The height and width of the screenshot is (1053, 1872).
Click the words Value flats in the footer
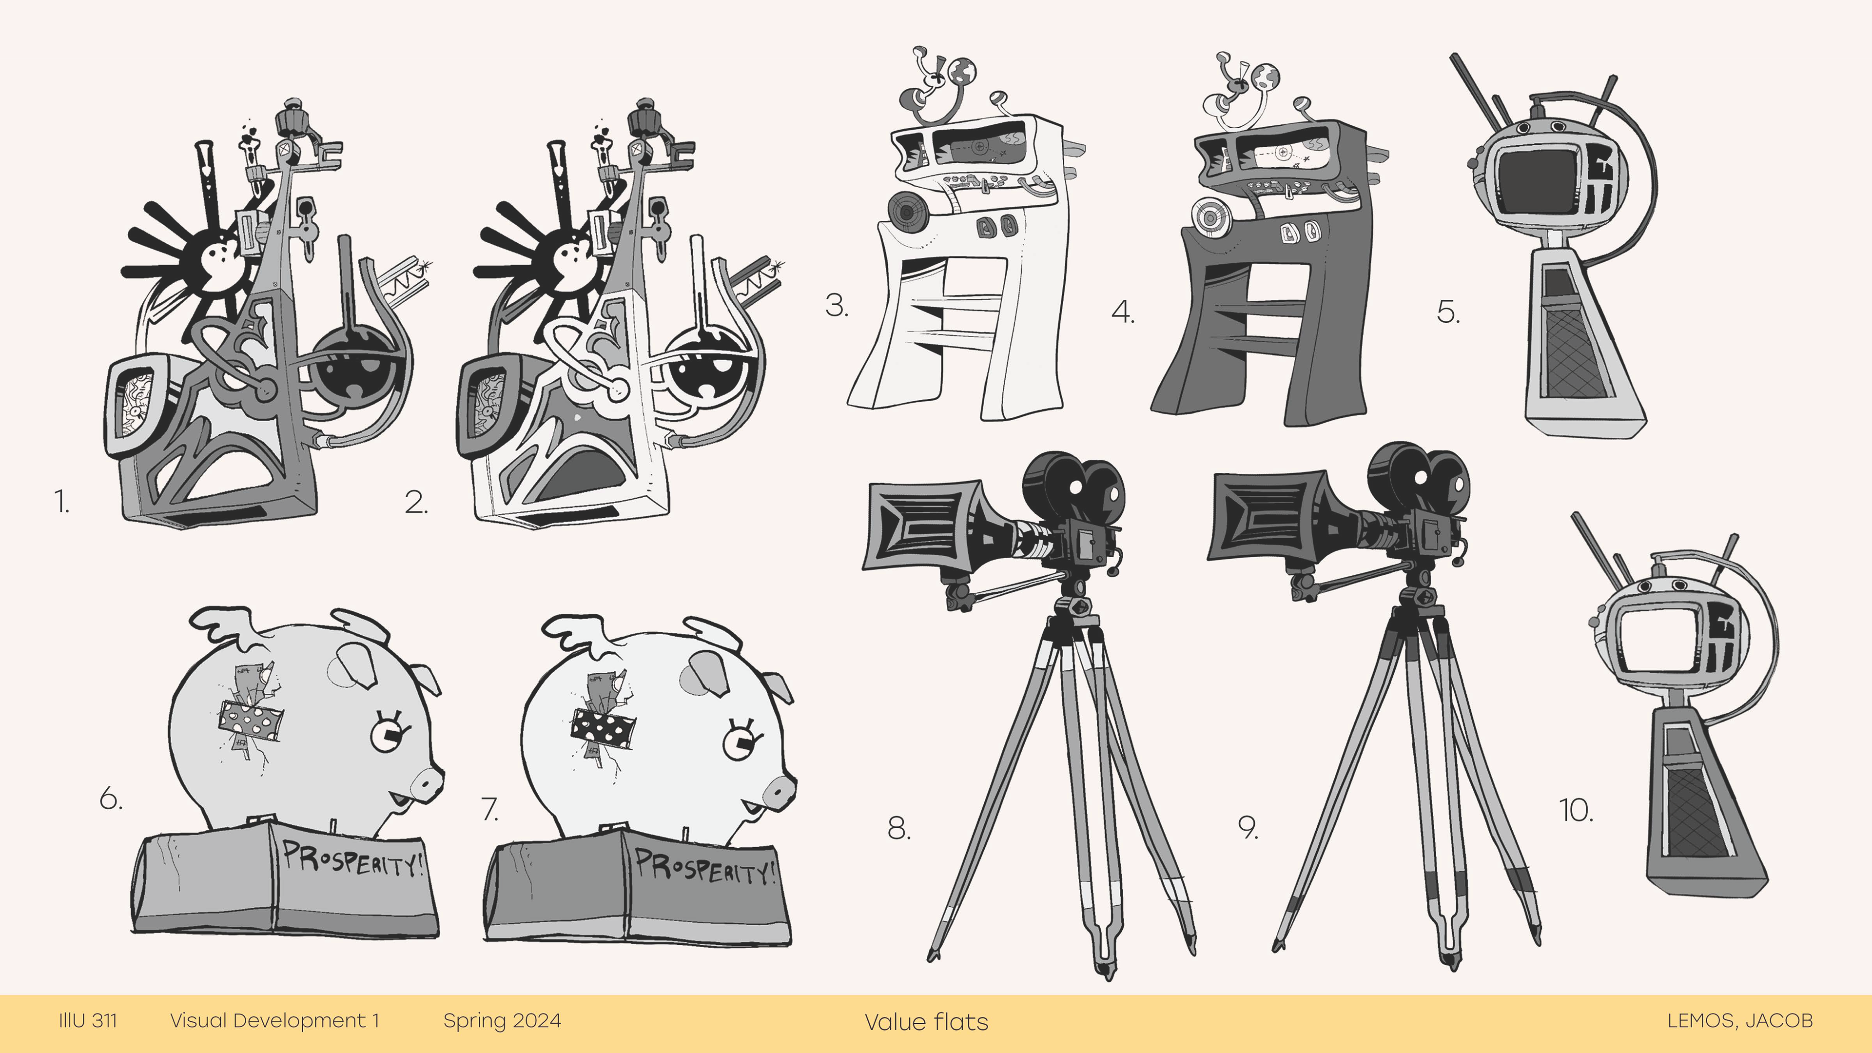(927, 1022)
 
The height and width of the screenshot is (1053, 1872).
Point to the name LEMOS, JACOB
(1740, 1020)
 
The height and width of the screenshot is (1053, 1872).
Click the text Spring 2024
(502, 1021)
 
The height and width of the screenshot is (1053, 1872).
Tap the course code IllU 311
(88, 1020)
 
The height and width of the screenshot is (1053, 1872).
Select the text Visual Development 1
(274, 1020)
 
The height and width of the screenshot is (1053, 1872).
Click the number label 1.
(62, 502)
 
